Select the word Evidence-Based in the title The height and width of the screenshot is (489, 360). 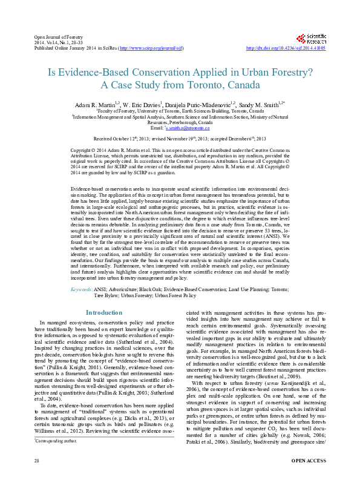point(89,72)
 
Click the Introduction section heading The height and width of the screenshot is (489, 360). point(104,312)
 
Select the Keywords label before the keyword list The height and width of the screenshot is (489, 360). point(81,290)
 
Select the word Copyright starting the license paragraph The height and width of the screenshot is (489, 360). point(83,149)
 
